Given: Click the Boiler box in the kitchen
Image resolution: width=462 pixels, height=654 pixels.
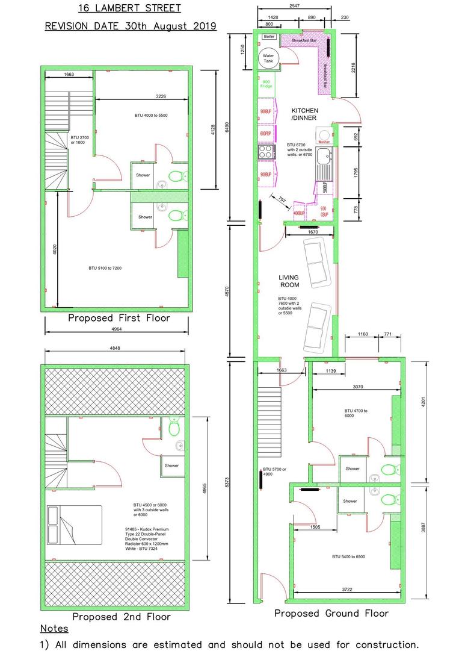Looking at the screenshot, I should (x=269, y=37).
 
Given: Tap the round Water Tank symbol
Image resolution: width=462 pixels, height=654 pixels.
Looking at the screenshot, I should (x=268, y=59).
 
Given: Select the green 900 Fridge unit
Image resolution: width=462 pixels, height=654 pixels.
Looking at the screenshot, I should (x=266, y=84).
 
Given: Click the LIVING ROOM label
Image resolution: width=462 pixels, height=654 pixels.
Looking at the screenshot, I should (x=289, y=281).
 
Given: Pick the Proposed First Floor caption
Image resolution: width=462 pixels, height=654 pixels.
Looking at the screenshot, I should (x=119, y=318).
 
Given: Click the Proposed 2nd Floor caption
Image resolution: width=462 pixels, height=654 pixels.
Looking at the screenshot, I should (x=122, y=617).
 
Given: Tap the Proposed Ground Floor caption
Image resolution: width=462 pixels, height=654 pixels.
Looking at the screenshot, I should (x=331, y=613).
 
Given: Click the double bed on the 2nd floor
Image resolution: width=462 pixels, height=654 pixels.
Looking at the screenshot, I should (x=75, y=525).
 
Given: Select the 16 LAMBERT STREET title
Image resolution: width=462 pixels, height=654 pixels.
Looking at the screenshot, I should (x=130, y=9).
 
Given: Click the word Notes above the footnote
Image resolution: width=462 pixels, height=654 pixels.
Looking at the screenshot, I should (x=54, y=629).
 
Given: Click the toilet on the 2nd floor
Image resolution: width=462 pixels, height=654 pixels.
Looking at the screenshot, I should (x=174, y=428).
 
